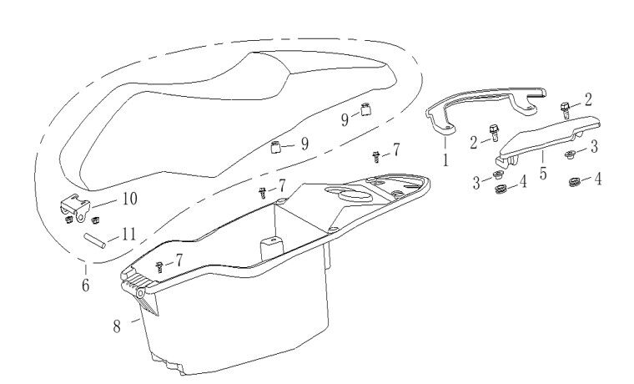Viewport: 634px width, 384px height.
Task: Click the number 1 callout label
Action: click(x=445, y=160)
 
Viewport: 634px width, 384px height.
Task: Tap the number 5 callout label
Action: click(x=543, y=173)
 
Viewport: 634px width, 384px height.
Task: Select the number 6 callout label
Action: click(x=85, y=285)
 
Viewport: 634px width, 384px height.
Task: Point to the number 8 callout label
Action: click(x=117, y=326)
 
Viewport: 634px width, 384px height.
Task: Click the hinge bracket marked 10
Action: click(x=75, y=208)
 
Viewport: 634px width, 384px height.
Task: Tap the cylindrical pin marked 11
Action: click(x=94, y=240)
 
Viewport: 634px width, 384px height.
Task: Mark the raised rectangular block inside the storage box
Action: click(x=271, y=249)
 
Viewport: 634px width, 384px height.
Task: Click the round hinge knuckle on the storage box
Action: click(x=141, y=293)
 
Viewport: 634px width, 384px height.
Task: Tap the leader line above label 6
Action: click(x=85, y=270)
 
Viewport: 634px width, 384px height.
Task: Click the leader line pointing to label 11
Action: click(x=113, y=239)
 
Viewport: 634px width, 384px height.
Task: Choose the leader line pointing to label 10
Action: click(x=105, y=204)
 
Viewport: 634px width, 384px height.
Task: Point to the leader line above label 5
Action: click(x=542, y=158)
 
